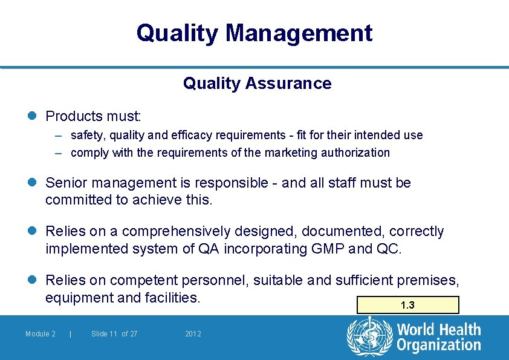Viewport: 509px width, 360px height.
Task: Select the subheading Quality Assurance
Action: pos(257,83)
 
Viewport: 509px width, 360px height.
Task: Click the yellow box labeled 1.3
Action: pos(408,305)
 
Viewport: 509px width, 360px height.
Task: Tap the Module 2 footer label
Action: pos(41,334)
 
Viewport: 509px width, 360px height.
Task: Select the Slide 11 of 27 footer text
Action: pos(114,334)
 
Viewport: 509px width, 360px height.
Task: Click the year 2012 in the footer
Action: pos(193,334)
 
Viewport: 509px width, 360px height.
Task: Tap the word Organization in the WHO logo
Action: pos(438,345)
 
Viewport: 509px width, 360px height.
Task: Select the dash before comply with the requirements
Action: pos(59,153)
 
